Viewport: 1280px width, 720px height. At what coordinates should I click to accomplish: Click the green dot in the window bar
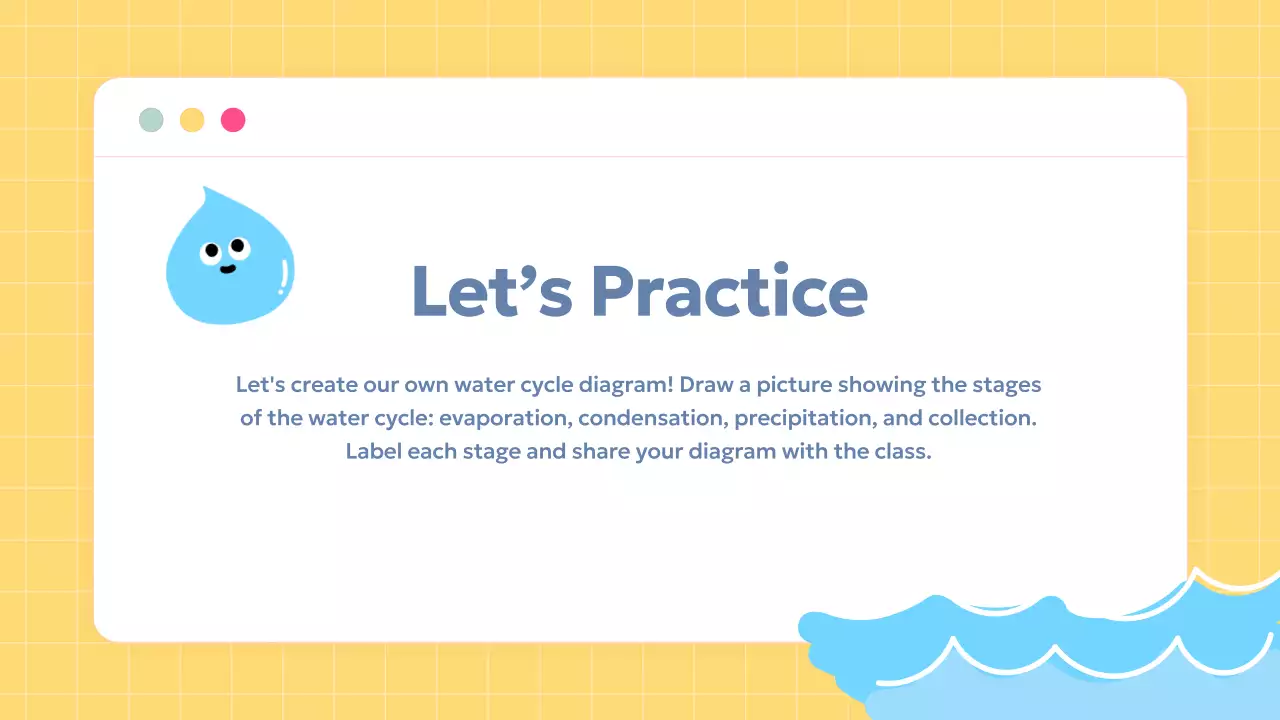pyautogui.click(x=151, y=120)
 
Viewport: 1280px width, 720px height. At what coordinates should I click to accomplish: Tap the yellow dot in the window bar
pyautogui.click(x=192, y=120)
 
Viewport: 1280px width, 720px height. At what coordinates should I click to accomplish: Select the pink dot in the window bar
pyautogui.click(x=233, y=120)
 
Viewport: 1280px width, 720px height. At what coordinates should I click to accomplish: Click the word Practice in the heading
pyautogui.click(x=728, y=291)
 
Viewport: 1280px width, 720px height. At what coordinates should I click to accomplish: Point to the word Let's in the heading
pyautogui.click(x=491, y=291)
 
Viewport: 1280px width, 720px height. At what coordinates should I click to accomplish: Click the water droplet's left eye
pyautogui.click(x=211, y=251)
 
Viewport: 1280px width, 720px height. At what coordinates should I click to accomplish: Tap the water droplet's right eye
pyautogui.click(x=238, y=244)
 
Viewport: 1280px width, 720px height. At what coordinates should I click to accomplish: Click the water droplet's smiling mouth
pyautogui.click(x=229, y=268)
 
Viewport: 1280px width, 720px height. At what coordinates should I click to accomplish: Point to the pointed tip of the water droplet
pyautogui.click(x=205, y=188)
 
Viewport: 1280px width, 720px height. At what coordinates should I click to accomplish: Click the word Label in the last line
pyautogui.click(x=373, y=451)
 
